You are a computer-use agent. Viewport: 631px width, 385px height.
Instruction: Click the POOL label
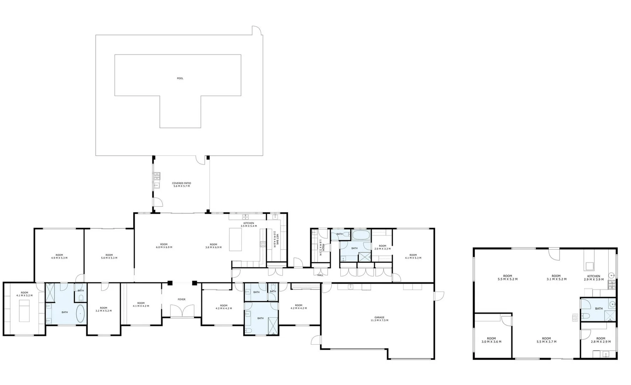180,78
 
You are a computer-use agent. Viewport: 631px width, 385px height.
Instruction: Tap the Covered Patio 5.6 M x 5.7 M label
182,185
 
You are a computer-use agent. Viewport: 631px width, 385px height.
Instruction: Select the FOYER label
182,299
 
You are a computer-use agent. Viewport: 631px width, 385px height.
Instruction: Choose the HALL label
320,275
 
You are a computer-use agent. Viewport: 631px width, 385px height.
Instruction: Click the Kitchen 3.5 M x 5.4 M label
249,225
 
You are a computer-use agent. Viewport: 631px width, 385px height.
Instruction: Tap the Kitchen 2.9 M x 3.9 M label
594,278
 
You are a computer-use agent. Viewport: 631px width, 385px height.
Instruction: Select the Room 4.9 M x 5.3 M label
59,256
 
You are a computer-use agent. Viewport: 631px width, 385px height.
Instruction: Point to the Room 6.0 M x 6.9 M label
164,246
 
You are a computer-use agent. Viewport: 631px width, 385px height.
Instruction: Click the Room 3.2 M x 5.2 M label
103,309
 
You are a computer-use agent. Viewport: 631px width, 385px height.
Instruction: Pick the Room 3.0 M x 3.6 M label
491,340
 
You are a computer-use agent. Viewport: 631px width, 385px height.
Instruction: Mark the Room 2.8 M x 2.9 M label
601,340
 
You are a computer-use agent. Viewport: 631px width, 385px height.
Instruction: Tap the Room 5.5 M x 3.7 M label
546,340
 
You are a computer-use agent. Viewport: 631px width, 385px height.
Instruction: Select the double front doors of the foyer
182,311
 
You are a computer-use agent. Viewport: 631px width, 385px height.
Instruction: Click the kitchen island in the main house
235,239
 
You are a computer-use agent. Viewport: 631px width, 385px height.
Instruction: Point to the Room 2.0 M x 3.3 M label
382,247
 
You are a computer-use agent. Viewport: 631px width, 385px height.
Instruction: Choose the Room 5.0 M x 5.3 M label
109,256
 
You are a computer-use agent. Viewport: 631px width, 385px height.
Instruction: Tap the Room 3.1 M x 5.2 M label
556,277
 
